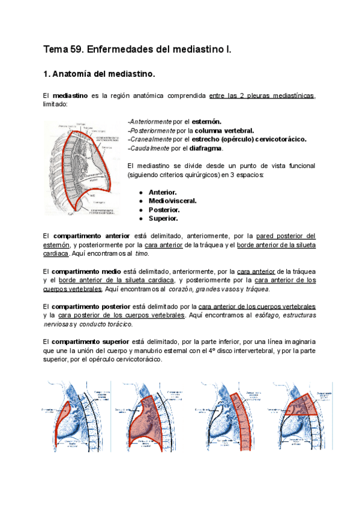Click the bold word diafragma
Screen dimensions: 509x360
coord(206,148)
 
